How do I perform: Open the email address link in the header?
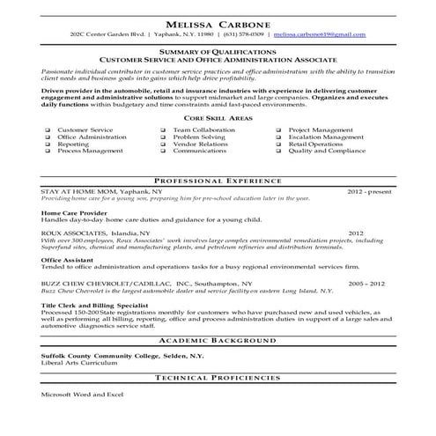point(319,33)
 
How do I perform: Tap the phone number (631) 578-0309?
point(242,33)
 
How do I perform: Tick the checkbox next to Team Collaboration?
point(164,129)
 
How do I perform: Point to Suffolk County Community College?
point(107,354)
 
